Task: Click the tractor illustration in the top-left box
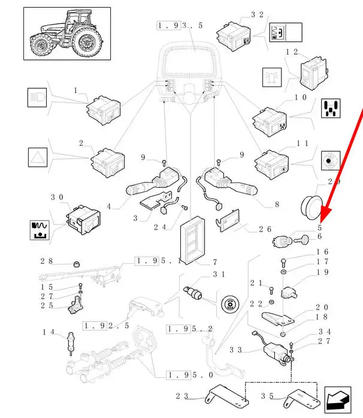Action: (66, 34)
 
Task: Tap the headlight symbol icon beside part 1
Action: (37, 98)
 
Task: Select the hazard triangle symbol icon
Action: (38, 157)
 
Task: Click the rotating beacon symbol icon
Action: (272, 77)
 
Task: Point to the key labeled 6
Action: (302, 240)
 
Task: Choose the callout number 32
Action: (257, 14)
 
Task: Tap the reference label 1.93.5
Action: (180, 26)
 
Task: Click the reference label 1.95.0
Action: (190, 375)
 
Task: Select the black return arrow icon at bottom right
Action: (338, 400)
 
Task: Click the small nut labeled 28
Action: (77, 264)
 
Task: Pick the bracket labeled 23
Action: (227, 396)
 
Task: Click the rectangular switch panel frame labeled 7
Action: (192, 240)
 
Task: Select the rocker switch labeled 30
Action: (83, 219)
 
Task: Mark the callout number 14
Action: (49, 332)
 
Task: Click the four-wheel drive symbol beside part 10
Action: (331, 109)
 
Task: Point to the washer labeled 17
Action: (283, 272)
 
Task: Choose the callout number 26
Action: (265, 229)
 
